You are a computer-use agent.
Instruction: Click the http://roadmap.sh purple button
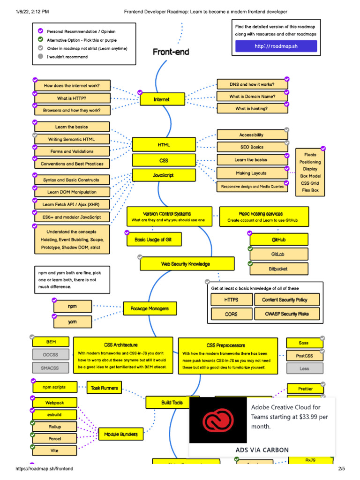point(276,46)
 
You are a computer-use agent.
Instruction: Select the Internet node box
point(161,99)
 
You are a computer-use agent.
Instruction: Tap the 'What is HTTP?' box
point(72,98)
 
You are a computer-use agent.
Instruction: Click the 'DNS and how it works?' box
point(252,84)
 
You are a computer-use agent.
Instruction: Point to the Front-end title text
point(171,52)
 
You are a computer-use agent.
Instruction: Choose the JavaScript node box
point(164,175)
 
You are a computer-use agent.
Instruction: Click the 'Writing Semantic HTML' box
point(72,139)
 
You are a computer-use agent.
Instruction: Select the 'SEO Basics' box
point(252,147)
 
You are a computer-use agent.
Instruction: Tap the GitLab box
point(278,254)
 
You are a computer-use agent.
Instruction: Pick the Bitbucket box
point(278,269)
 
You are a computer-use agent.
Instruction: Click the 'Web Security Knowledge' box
point(186,264)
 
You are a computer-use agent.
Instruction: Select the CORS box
point(231,314)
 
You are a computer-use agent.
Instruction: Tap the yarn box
point(72,322)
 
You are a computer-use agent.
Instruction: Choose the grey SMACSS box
point(50,368)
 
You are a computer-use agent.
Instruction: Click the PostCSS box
point(304,356)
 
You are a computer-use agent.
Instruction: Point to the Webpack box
point(54,402)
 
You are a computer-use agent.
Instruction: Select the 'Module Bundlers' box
point(121,435)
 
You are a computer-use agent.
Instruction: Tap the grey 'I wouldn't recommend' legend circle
point(40,57)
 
